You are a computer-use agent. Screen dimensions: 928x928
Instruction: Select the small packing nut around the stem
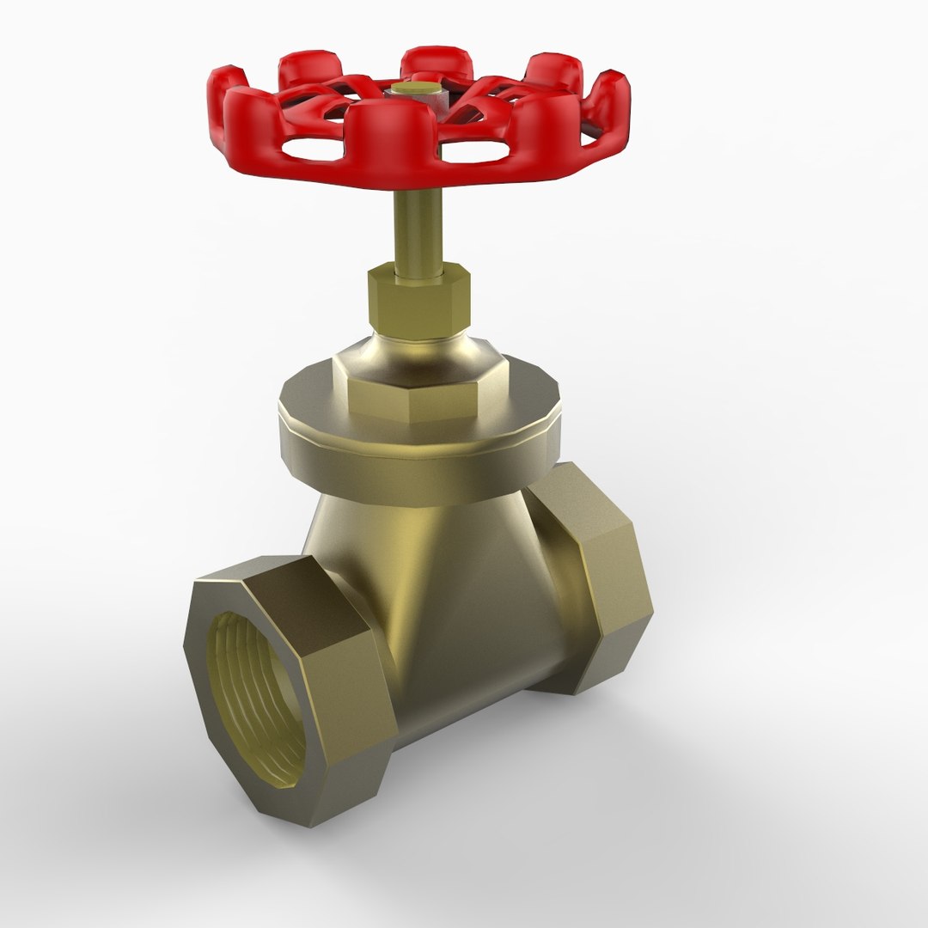(419, 301)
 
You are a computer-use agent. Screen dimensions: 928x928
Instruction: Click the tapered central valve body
(447, 584)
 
